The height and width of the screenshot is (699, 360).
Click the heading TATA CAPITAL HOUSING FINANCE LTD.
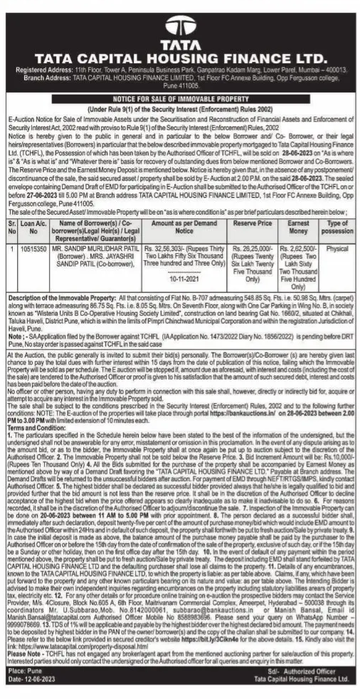(179, 57)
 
